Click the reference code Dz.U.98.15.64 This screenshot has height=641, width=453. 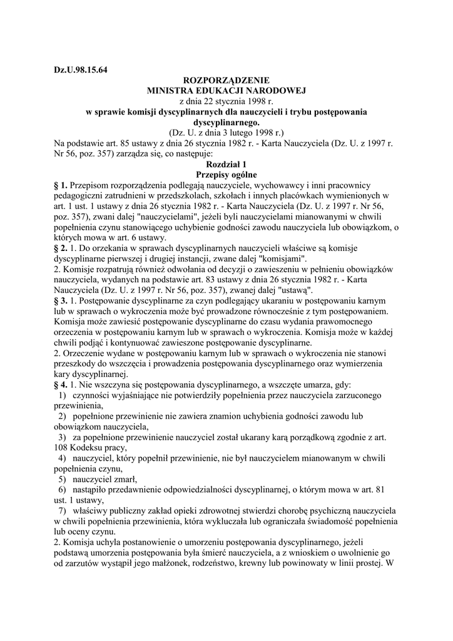tap(81, 69)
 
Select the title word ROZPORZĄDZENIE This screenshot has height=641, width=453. tap(226, 81)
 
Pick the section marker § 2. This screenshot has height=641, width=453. tap(61, 249)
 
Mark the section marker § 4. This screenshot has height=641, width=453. tap(61, 384)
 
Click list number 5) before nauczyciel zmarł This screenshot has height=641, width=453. tap(63, 479)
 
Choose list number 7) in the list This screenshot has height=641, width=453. tap(63, 511)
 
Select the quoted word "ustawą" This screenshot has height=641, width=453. tap(292, 290)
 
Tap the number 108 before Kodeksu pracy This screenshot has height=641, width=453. tap(62, 448)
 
